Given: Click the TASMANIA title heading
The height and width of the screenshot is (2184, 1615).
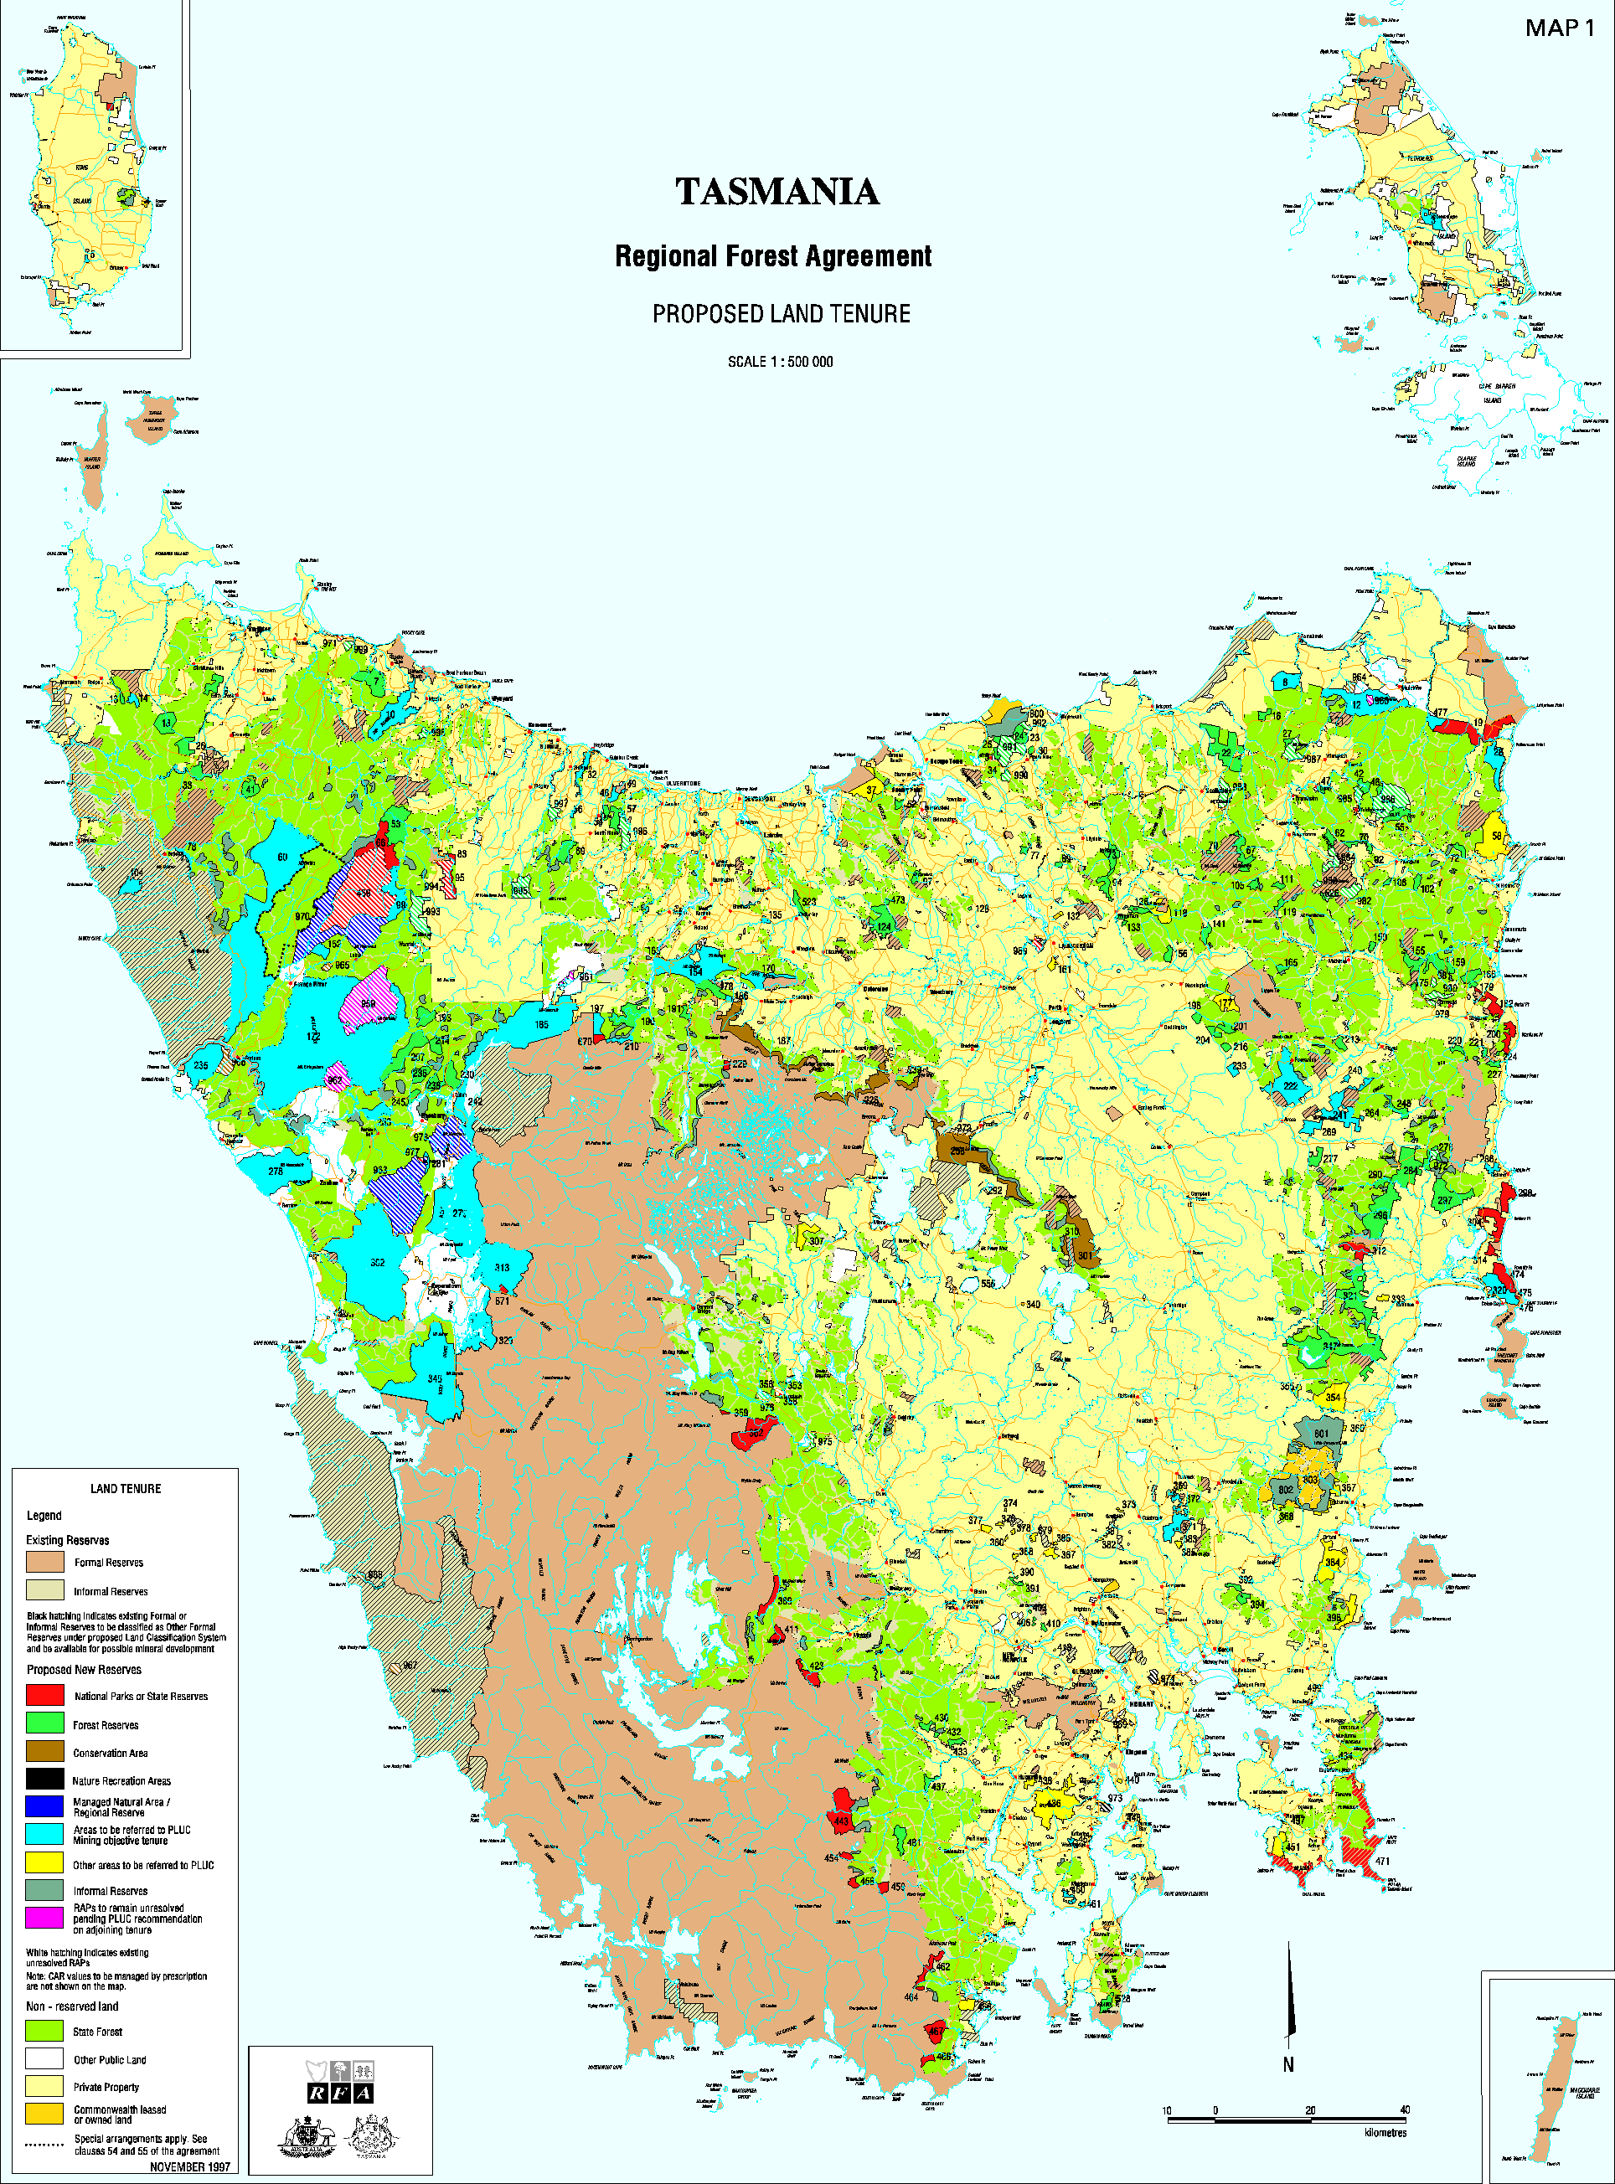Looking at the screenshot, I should tap(777, 192).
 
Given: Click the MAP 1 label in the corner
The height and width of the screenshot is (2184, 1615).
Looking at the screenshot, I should tap(1559, 28).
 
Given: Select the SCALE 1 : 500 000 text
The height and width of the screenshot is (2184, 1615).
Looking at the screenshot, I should tap(780, 362).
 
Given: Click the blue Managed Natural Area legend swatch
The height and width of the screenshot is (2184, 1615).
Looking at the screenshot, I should tap(45, 1807).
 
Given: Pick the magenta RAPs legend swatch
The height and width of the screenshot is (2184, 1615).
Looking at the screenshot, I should tap(45, 1917).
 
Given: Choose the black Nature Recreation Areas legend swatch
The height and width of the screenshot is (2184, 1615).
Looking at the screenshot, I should tap(45, 1779).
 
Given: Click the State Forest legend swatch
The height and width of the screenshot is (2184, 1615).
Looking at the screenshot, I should tap(45, 2031).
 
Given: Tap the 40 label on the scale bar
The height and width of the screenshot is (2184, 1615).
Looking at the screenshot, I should tap(1404, 2109).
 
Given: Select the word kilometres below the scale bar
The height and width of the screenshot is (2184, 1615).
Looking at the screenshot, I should tap(1385, 2132).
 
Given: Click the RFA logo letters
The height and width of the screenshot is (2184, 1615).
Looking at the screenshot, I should tap(339, 2093).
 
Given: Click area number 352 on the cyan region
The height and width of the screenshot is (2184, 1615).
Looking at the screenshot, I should tap(377, 1264).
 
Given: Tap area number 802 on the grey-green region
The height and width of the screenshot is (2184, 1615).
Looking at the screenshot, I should tap(1286, 1491).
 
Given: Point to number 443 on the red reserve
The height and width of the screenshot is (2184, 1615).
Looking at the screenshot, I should tap(842, 1821).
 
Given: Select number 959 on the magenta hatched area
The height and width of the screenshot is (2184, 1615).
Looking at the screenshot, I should tap(368, 1003).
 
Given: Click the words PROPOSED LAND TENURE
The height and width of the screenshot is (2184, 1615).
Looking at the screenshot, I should tap(781, 314).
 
